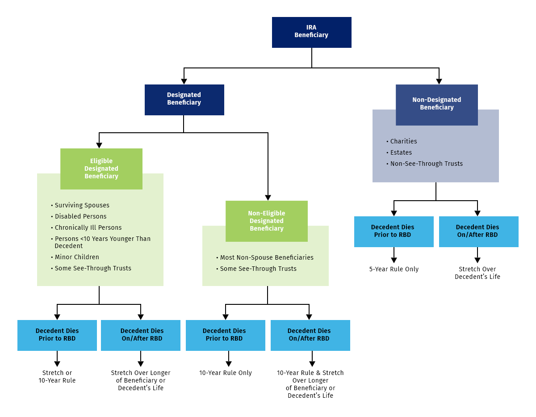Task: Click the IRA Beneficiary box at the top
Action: click(311, 32)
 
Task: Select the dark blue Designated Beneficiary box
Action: click(184, 99)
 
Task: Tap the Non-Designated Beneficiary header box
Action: click(436, 104)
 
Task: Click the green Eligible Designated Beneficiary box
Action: click(101, 168)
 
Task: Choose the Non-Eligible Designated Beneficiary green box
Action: click(267, 221)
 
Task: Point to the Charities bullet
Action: click(403, 141)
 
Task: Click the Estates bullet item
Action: click(401, 152)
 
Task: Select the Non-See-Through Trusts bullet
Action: click(426, 164)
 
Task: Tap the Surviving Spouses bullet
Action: click(82, 205)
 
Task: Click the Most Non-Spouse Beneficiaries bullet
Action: click(267, 257)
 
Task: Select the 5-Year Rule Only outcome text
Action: click(394, 269)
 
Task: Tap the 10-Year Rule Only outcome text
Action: click(226, 373)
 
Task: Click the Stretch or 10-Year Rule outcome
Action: click(57, 376)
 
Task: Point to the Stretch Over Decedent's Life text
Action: click(477, 273)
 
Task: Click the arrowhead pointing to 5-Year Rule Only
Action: click(394, 261)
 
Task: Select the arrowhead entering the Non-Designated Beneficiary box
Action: click(439, 81)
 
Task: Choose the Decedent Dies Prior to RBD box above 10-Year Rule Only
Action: click(225, 335)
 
